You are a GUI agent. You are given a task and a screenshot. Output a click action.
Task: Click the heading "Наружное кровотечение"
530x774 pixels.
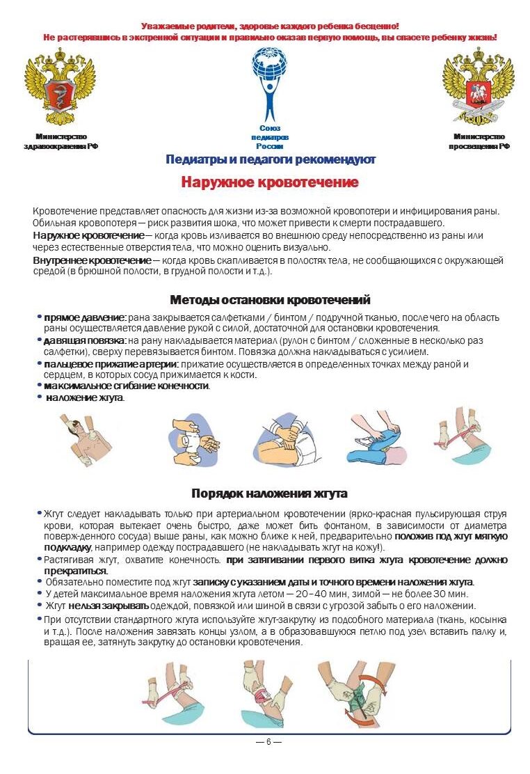(x=270, y=183)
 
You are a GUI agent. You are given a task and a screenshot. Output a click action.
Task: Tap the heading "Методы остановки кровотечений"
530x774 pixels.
(x=270, y=300)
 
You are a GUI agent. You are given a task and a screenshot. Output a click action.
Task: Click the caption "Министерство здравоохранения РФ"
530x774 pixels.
(x=61, y=141)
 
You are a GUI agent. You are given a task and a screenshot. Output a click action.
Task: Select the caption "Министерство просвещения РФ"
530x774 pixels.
(x=479, y=141)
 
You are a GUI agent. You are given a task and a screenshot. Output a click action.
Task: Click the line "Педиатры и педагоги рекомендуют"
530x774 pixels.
(x=271, y=159)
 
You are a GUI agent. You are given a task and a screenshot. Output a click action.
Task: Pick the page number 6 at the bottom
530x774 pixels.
(x=268, y=741)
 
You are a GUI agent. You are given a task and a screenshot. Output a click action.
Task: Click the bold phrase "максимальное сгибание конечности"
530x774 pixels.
(x=126, y=386)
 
